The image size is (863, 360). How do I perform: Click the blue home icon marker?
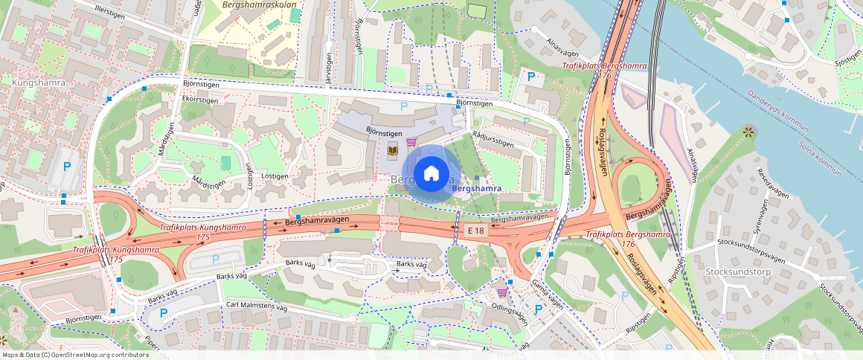[431, 174]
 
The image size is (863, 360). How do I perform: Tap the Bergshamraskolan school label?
[259, 4]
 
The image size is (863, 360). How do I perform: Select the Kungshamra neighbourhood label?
[39, 83]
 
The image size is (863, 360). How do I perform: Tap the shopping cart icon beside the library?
[411, 141]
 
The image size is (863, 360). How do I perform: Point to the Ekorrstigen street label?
[200, 99]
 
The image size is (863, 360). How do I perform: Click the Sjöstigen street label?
[847, 57]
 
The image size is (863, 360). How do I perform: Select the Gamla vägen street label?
[547, 295]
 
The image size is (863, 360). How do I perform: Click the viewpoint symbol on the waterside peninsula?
[748, 131]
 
